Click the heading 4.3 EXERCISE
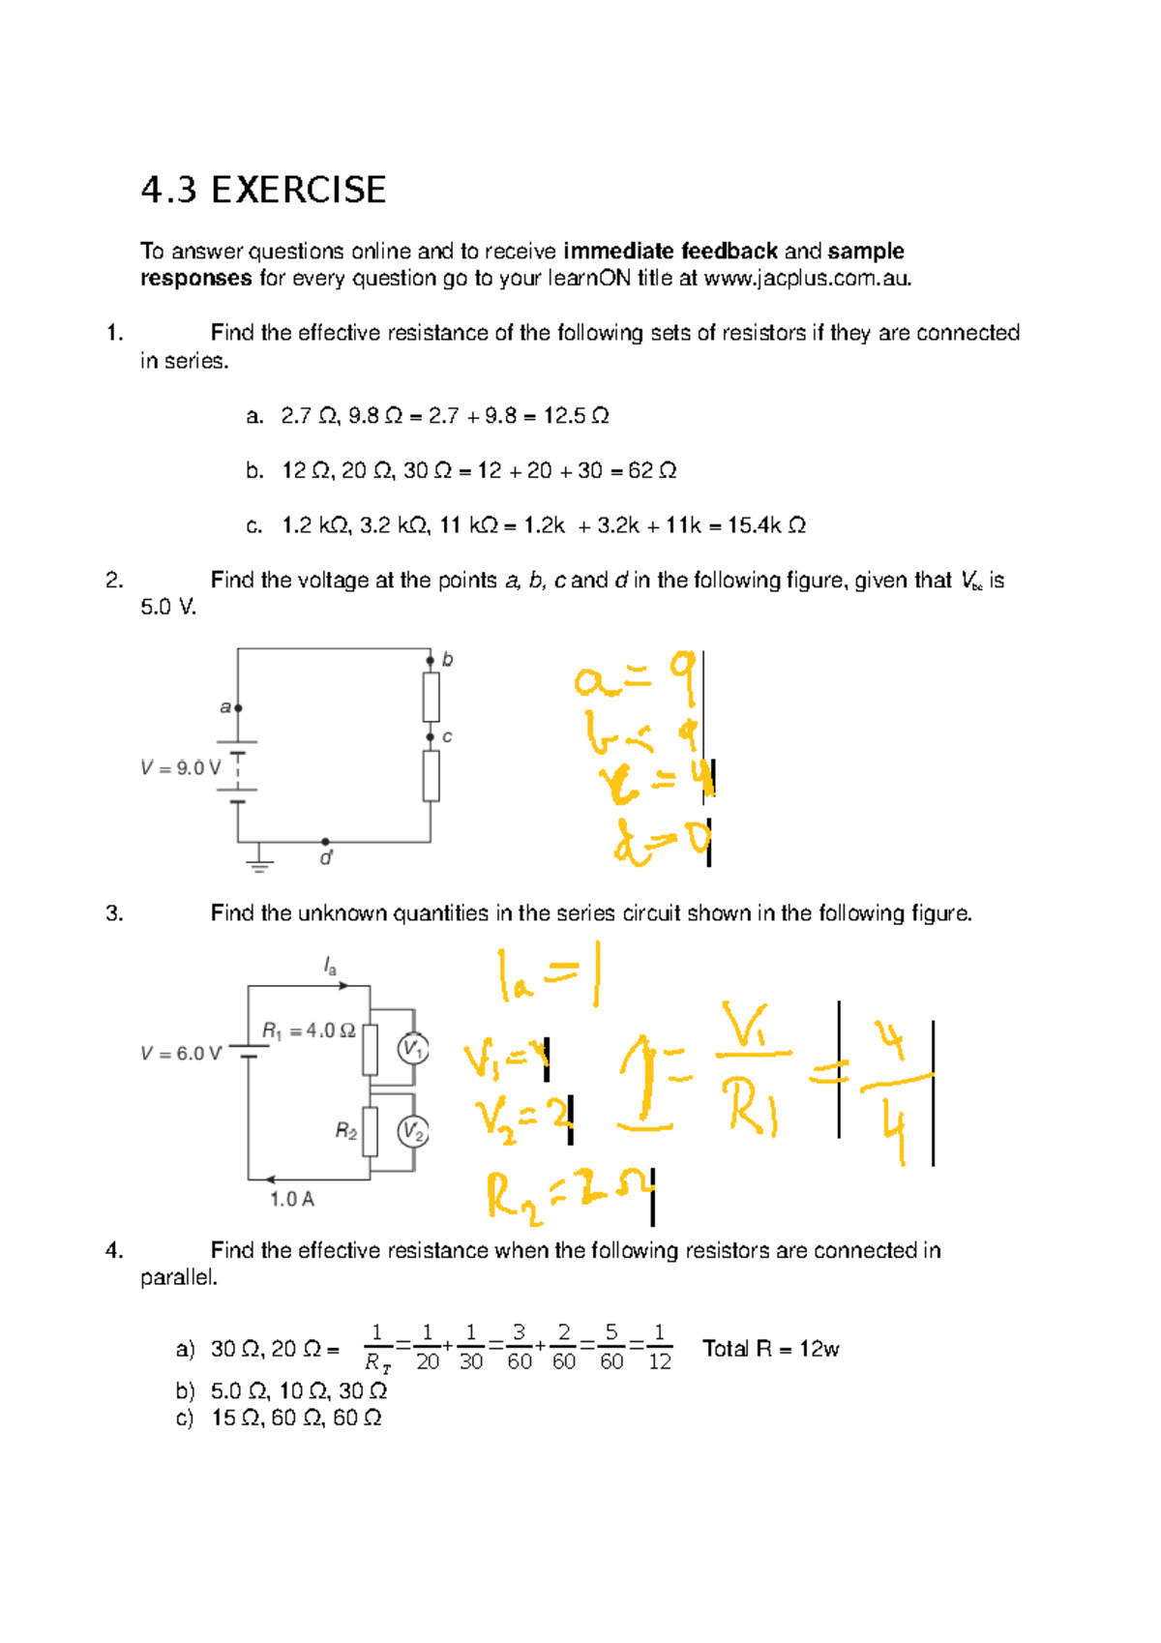pyautogui.click(x=263, y=190)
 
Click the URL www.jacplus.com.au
pyautogui.click(x=807, y=279)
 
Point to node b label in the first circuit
pyautogui.click(x=447, y=660)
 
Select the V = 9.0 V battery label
pyautogui.click(x=180, y=768)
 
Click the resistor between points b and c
pyautogui.click(x=431, y=697)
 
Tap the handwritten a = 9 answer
pyautogui.click(x=635, y=679)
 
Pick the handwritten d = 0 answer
pyautogui.click(x=662, y=843)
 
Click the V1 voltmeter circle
pyautogui.click(x=413, y=1049)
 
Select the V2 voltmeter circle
pyautogui.click(x=413, y=1131)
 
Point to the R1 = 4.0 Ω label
pyautogui.click(x=309, y=1031)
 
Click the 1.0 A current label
pyautogui.click(x=291, y=1200)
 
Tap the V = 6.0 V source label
pyautogui.click(x=180, y=1054)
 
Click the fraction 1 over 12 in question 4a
pyautogui.click(x=659, y=1347)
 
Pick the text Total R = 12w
pyautogui.click(x=770, y=1349)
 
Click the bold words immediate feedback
pyautogui.click(x=670, y=252)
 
